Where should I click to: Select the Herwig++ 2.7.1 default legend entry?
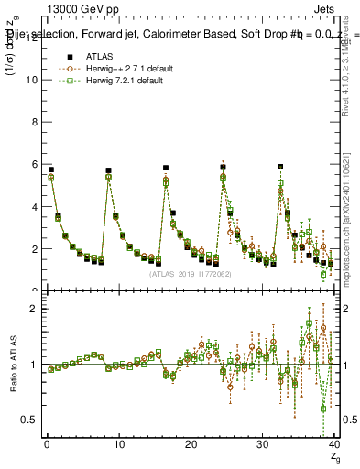pyautogui.click(x=125, y=68)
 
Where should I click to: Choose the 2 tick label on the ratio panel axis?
pyautogui.click(x=32, y=309)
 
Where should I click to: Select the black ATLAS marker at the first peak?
pyautogui.click(x=51, y=169)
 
